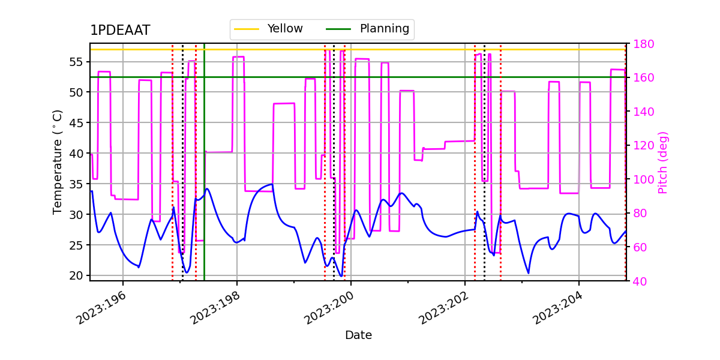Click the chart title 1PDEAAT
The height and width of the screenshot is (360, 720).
point(120,31)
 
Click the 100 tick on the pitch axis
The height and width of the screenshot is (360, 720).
point(643,179)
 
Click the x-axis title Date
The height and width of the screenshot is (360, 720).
point(358,335)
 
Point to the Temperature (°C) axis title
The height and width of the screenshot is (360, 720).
point(58,161)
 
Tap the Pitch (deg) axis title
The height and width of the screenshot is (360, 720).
point(663,162)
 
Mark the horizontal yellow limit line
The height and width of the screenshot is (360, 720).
point(420,50)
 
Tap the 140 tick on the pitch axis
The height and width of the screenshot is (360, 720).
point(643,112)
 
